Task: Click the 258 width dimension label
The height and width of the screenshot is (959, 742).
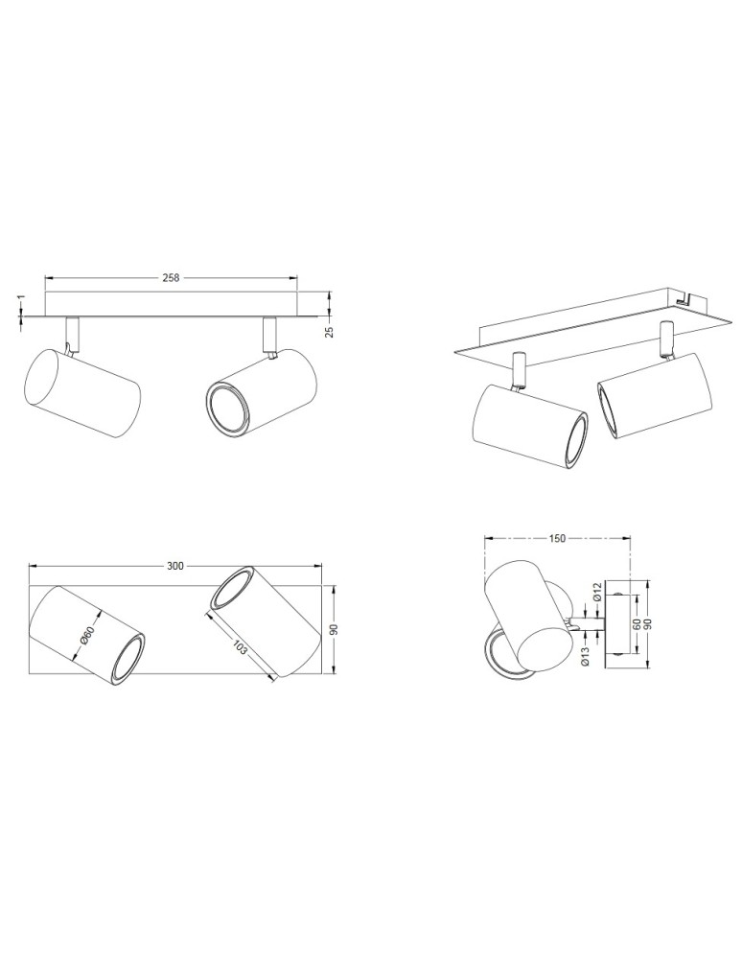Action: tap(172, 277)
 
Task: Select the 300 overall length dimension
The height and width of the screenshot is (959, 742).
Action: tap(174, 567)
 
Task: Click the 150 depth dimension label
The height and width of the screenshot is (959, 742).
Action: tap(557, 538)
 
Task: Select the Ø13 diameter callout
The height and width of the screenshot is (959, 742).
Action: tap(584, 655)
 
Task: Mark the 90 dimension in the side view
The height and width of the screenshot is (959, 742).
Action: tap(648, 623)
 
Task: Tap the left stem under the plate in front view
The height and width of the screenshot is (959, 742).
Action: tap(71, 333)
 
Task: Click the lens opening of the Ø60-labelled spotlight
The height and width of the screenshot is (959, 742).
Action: tap(128, 657)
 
